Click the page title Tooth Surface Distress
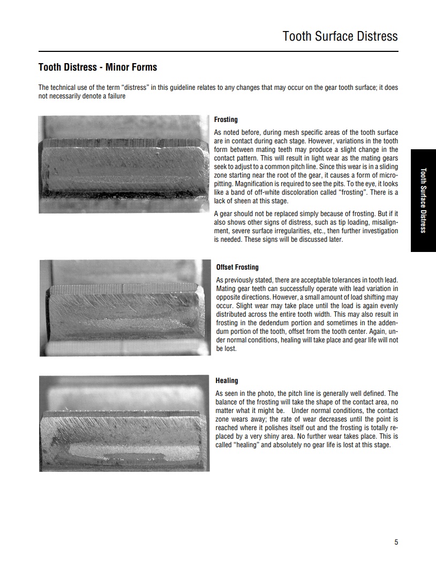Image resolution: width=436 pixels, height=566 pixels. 340,36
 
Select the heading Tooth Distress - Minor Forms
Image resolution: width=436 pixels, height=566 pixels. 97,67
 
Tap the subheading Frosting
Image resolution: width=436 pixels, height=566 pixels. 225,120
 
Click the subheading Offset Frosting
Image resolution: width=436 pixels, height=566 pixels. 237,267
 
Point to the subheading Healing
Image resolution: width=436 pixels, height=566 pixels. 227,381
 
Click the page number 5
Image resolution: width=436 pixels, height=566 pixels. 396,542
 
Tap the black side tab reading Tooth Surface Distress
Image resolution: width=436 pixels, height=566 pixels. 423,200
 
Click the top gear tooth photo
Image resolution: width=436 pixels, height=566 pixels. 124,164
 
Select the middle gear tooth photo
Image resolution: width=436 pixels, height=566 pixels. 124,308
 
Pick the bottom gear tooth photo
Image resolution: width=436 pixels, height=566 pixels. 124,423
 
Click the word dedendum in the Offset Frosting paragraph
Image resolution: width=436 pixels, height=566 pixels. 281,323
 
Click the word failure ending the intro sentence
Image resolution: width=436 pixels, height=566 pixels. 114,96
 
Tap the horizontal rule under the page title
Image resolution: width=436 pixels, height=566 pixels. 218,51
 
